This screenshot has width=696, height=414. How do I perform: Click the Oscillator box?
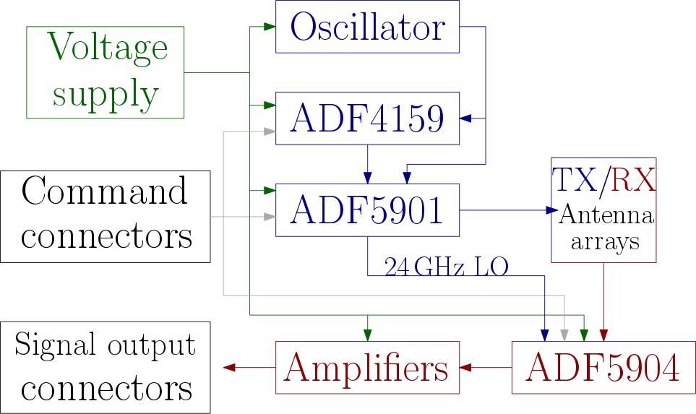(367, 27)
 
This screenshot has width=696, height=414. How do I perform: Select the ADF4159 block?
(367, 118)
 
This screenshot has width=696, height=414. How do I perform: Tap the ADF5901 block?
(367, 210)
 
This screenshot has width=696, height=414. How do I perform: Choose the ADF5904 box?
(603, 368)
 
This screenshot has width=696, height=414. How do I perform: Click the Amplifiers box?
(367, 368)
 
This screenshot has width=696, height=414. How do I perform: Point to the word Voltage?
(107, 49)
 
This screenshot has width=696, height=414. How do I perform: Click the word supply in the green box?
(106, 94)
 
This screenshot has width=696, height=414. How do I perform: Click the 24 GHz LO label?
(446, 267)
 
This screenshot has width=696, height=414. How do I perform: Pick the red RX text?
(633, 180)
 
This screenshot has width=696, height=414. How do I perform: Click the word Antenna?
(606, 215)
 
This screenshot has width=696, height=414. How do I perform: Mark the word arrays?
(605, 242)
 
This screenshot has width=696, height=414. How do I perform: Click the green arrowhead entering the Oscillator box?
(269, 27)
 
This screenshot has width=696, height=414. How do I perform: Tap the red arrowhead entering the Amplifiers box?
(466, 367)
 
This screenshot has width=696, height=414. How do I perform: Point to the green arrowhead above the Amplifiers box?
(367, 335)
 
